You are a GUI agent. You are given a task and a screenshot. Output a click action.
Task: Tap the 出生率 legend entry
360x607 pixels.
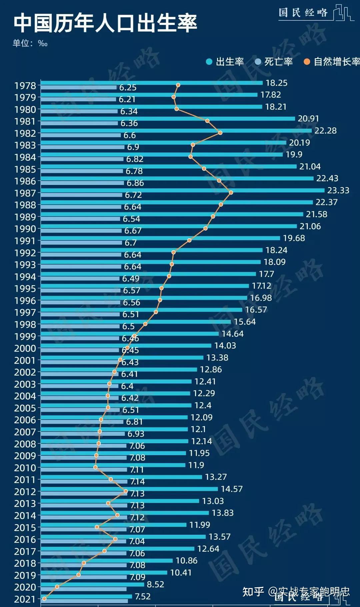[225, 62]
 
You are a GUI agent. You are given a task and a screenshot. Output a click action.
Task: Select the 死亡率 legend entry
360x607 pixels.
[274, 62]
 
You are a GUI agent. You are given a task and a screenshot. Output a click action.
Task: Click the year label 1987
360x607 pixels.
[25, 193]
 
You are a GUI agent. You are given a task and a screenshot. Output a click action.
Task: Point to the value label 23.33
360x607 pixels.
[338, 190]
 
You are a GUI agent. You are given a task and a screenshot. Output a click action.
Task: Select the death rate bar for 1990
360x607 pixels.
[81, 231]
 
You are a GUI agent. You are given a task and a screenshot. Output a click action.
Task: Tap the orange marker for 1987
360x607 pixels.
[231, 193]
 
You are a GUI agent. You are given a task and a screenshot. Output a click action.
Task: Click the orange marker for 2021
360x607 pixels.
[44, 599]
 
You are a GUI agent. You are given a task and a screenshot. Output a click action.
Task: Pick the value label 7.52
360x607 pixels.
[143, 596]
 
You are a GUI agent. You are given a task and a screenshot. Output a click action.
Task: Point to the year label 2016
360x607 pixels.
[25, 539]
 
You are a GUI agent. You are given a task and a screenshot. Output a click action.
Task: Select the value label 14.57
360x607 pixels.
[232, 489]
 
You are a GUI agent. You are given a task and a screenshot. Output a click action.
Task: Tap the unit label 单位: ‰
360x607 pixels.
[30, 43]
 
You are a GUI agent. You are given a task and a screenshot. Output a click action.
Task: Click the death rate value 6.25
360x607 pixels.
[128, 88]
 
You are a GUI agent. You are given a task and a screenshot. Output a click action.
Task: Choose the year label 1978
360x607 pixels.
[25, 86]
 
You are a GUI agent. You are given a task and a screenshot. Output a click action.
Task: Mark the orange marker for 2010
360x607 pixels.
[96, 467]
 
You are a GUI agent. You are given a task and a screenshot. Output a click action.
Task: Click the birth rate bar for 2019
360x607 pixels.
[104, 573]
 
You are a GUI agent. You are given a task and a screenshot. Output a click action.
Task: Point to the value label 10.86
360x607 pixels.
[186, 561]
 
